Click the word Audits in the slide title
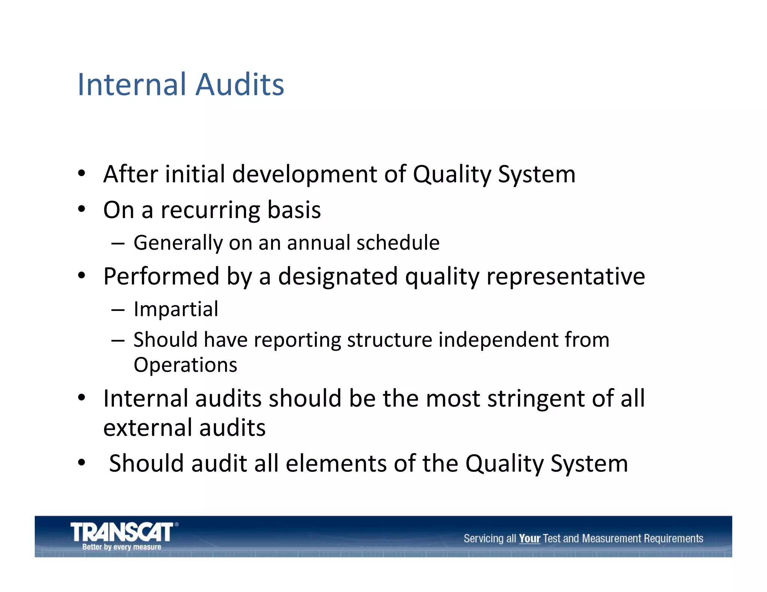(240, 85)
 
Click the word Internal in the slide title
(132, 85)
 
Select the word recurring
(210, 210)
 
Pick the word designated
(337, 277)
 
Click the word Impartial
(176, 309)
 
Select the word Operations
(185, 365)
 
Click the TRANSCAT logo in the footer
(122, 532)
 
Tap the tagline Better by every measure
(122, 547)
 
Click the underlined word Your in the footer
(530, 539)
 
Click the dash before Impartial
(118, 310)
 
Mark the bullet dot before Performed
(82, 276)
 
